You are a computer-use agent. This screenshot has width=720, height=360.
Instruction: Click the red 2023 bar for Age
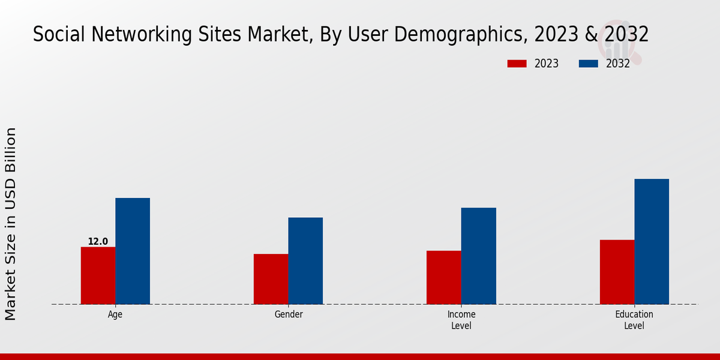click(x=98, y=275)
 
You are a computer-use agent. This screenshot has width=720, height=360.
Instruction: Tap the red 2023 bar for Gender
click(x=271, y=279)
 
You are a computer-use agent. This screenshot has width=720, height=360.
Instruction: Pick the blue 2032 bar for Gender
click(x=305, y=260)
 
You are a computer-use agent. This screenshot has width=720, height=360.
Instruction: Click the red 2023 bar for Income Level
click(x=444, y=277)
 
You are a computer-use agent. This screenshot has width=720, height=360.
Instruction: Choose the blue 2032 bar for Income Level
click(x=479, y=256)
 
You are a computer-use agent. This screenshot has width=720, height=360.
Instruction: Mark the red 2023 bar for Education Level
click(x=617, y=272)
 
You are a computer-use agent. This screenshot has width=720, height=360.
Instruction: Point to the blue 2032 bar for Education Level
click(x=652, y=241)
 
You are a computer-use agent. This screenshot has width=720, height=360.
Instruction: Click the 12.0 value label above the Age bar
click(x=98, y=242)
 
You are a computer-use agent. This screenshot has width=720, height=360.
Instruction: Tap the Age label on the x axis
click(x=115, y=314)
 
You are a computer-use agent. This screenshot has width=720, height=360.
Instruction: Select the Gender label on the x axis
click(x=289, y=314)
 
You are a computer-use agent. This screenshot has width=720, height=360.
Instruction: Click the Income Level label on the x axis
click(x=461, y=320)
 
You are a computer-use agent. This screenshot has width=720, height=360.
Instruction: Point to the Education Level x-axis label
click(x=634, y=320)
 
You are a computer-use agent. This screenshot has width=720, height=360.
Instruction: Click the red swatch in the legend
click(x=517, y=64)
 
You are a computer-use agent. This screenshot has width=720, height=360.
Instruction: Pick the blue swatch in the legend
click(x=589, y=64)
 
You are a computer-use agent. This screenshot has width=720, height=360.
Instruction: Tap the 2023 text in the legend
click(x=546, y=64)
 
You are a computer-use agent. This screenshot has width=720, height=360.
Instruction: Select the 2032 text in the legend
click(x=618, y=64)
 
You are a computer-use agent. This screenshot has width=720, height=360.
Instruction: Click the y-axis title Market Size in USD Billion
click(x=11, y=223)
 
